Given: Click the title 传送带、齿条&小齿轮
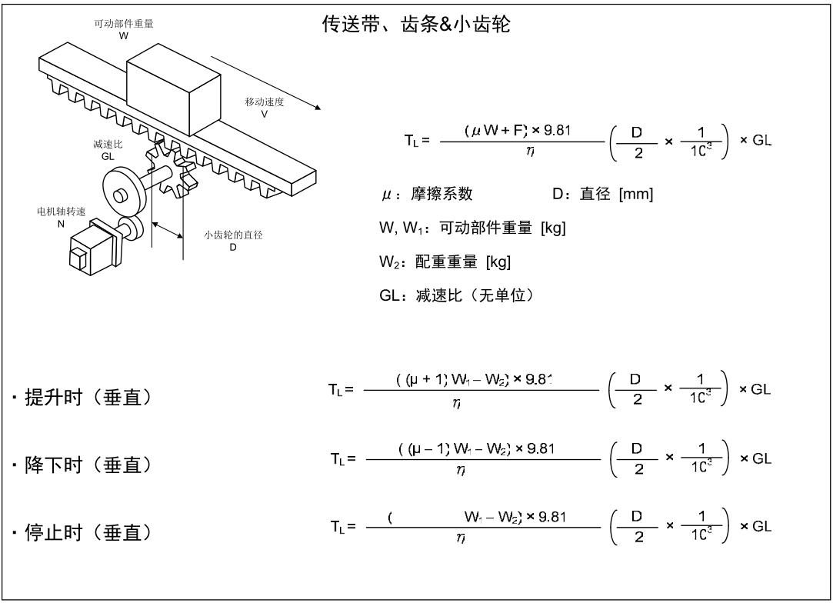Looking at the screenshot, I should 416,25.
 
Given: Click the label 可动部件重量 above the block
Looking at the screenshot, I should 125,25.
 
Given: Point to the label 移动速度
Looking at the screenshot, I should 264,103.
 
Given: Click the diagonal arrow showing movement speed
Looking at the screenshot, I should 263,81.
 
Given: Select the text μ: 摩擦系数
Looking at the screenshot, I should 427,195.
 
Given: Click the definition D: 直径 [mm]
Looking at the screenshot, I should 602,195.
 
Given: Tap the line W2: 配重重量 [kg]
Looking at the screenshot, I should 445,262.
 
